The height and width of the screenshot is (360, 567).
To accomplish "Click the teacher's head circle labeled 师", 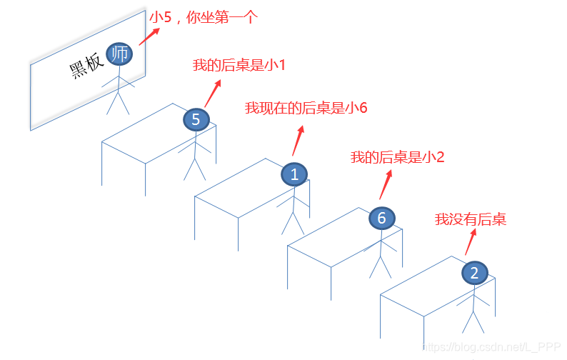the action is point(119,53).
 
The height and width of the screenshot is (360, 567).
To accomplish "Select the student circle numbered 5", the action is point(196,119).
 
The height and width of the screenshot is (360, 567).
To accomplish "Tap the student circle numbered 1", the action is point(294,174).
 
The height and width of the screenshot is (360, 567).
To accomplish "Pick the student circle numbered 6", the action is point(381,218).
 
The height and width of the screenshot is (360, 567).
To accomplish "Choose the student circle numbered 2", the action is point(475,272).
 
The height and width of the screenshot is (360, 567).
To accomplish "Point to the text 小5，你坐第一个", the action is point(202,18).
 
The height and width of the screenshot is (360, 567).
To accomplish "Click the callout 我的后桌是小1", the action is point(239,66).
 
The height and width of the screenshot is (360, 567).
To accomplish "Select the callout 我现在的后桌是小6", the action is point(306,108).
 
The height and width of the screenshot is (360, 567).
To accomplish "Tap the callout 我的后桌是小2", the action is point(397,157).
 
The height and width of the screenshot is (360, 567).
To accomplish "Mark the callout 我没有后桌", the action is point(471,219).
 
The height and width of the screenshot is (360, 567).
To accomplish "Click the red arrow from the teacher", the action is point(150,33).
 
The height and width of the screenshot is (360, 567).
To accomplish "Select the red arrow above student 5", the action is point(212,92).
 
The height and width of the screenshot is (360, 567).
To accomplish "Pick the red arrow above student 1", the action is point(298,140).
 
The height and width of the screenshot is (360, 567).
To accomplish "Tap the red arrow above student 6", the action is point(386,184).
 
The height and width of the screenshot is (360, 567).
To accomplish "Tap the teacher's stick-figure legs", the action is point(117,103).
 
